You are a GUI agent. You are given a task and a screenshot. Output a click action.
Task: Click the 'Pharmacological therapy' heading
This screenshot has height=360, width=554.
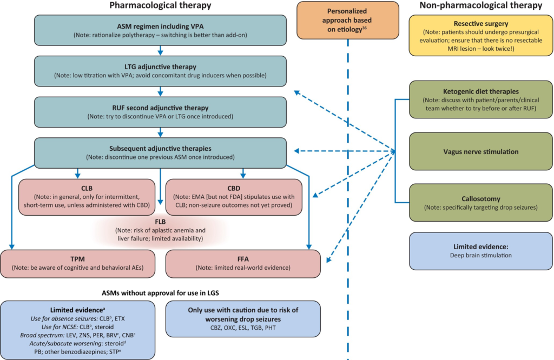[160, 6]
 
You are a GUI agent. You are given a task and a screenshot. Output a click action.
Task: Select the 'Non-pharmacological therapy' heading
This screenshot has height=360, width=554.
[481, 6]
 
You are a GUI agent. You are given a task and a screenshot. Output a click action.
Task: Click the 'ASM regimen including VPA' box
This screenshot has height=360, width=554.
[160, 30]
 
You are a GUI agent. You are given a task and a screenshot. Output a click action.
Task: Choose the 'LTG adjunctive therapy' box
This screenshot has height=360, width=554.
[160, 70]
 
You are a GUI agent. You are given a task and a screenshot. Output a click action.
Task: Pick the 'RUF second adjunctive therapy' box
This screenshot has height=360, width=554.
[160, 111]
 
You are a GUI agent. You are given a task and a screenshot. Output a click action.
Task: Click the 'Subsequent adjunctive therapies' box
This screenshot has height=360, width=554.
[160, 152]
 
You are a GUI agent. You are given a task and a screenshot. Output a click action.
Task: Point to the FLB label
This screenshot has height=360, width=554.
[160, 222]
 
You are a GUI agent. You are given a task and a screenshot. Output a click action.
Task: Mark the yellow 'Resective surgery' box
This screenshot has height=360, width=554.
[480, 34]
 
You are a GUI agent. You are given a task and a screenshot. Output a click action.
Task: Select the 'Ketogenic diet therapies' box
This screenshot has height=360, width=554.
[480, 101]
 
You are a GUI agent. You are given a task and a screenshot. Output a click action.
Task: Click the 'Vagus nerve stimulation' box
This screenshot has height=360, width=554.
[480, 152]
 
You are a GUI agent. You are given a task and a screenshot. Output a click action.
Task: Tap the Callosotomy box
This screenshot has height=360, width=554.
[480, 203]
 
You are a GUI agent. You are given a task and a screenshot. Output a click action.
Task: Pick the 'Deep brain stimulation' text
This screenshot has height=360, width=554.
[480, 255]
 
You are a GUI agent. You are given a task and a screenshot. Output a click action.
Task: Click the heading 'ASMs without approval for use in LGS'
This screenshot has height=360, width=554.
[160, 292]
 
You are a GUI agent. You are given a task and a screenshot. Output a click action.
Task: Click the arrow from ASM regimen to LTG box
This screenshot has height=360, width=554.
[160, 50]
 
